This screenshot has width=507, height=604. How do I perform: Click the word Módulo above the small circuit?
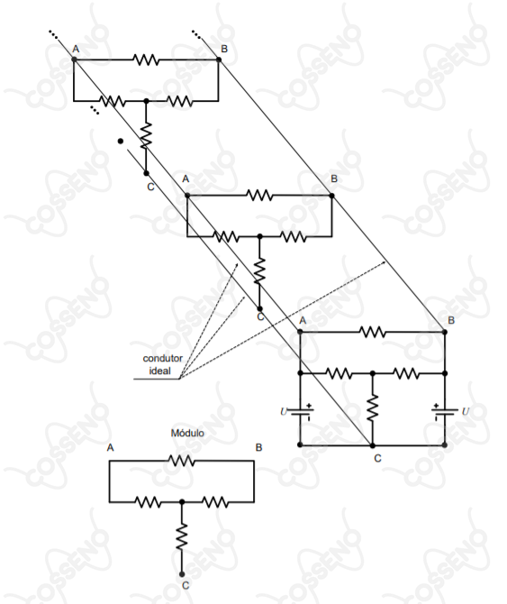[187, 433]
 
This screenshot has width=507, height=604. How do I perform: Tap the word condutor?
[163, 358]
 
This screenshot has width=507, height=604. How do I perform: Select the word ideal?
[160, 371]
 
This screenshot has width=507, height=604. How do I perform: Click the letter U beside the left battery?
[284, 411]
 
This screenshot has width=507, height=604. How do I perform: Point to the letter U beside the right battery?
[466, 411]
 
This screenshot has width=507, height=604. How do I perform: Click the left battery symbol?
[301, 412]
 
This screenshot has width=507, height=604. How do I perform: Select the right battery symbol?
[445, 412]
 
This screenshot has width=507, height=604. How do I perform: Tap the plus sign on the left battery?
[309, 406]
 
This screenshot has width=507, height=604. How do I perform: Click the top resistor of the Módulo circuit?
[182, 461]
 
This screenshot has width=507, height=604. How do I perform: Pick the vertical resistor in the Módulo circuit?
[182, 536]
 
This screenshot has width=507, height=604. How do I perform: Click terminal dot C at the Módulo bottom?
[182, 574]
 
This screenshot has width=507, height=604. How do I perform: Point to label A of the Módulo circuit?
[111, 448]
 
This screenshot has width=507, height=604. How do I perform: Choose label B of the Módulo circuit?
[258, 448]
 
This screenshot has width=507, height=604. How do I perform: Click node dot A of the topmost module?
[74, 59]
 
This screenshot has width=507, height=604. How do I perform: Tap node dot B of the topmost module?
[219, 59]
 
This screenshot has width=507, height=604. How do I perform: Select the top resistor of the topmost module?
[146, 59]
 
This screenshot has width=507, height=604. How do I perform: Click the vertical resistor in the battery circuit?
[372, 408]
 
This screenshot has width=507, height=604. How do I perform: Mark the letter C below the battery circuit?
[377, 458]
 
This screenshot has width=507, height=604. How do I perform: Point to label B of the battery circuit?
[451, 321]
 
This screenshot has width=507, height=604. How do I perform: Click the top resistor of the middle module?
[259, 196]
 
